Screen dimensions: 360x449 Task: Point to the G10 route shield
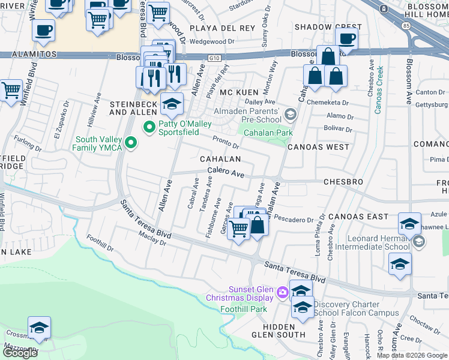click(x=214, y=58)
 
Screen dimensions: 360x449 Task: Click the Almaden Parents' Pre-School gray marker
click(x=291, y=114)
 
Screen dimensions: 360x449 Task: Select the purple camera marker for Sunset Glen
click(x=282, y=293)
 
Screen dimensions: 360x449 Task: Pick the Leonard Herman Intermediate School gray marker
click(x=419, y=242)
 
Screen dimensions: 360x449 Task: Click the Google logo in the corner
click(x=20, y=352)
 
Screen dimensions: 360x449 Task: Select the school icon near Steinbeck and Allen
click(x=172, y=104)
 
